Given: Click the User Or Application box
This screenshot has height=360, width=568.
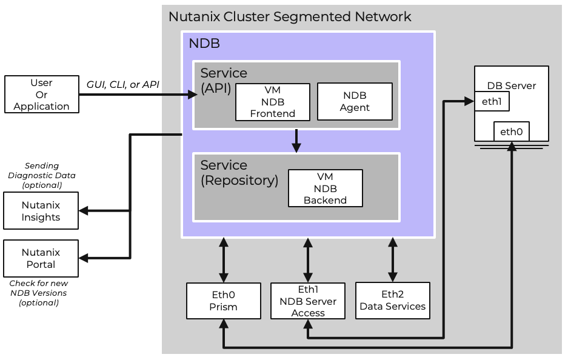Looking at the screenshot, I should coord(41,95).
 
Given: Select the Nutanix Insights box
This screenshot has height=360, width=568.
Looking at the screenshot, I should coord(41,211).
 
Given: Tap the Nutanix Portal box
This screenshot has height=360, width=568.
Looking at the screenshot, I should coord(41,258).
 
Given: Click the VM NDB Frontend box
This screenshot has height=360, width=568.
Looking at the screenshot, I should coord(272,102).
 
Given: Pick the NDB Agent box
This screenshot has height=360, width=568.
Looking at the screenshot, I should coord(355,102).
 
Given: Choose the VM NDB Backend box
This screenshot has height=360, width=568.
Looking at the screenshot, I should coord(325,188).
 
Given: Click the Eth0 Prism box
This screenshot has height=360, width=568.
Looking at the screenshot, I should coord(223,301).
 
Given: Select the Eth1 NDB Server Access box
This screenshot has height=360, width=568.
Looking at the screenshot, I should coord(308,301).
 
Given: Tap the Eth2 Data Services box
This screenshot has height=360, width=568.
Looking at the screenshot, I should coord(392,301).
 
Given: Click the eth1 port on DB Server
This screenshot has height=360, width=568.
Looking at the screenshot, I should coord(491,102).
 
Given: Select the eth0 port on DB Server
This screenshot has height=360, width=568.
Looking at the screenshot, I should coord(512,132).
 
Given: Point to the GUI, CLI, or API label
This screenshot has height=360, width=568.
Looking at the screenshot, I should coord(123,84).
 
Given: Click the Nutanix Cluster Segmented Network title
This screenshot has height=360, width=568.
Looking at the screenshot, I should coord(290,16).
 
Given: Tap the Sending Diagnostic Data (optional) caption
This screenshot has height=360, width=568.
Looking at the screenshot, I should coord(42,175).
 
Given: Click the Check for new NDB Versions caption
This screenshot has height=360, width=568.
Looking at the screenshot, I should coord(39,293).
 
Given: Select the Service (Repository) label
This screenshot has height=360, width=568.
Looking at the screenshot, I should coord(239,173).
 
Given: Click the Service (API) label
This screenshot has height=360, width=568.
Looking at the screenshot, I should coord(223,81).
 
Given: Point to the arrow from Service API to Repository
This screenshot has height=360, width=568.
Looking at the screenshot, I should coord(296,141).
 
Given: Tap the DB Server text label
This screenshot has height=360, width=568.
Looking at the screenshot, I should coord(512,85).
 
